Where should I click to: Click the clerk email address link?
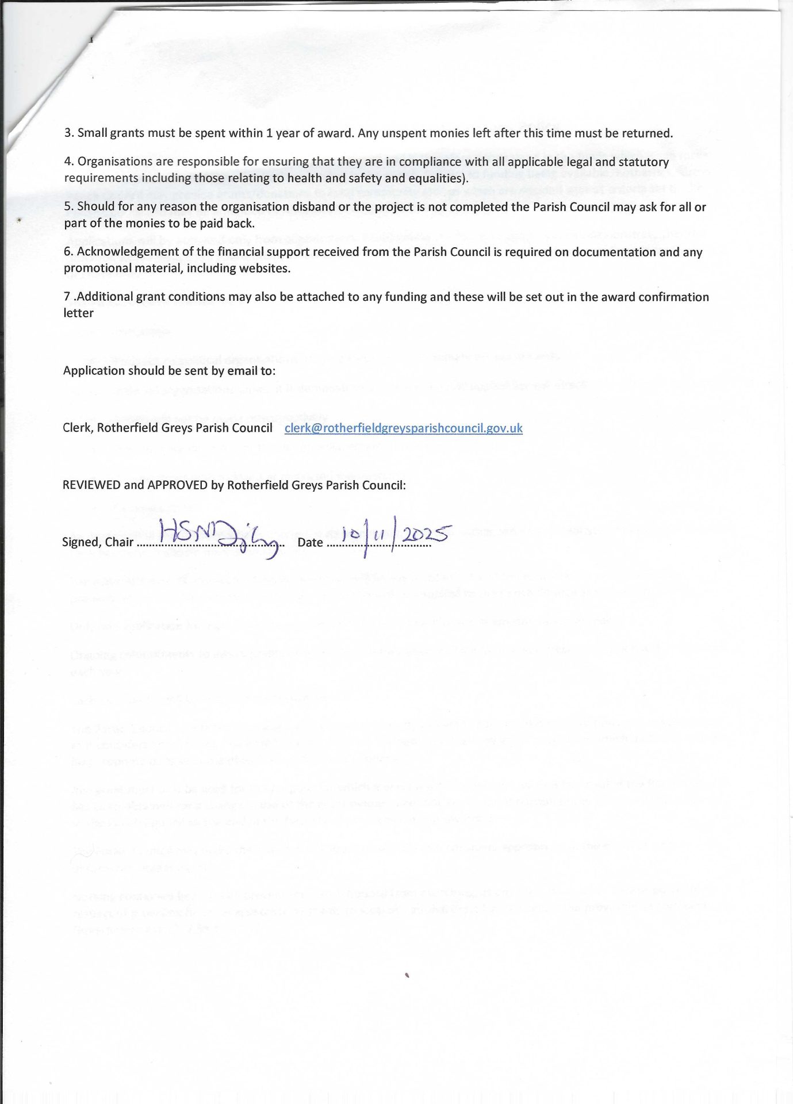pos(403,428)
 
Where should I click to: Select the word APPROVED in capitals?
pos(177,485)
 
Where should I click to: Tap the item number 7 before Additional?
pos(67,297)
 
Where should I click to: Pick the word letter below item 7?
pos(78,313)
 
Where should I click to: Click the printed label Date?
pos(310,542)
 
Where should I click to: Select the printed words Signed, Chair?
pos(98,542)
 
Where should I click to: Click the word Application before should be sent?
pos(92,371)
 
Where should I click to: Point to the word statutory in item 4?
pos(644,162)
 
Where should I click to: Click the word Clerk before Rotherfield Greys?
pos(77,428)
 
